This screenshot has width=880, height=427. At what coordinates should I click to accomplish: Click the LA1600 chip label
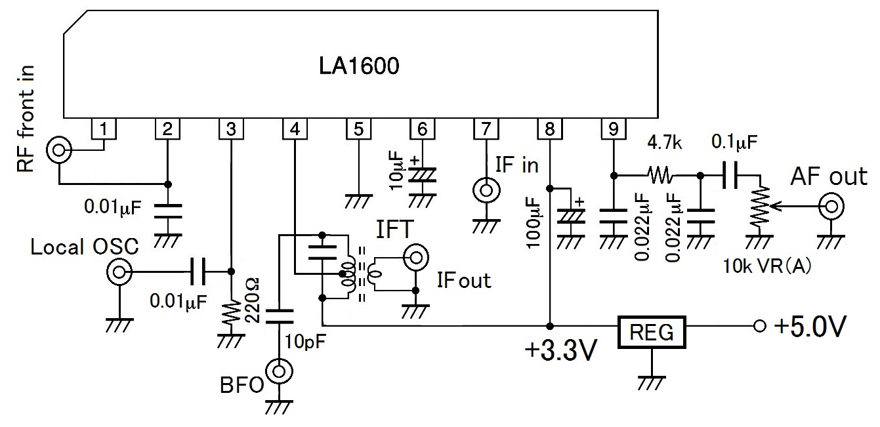point(359,67)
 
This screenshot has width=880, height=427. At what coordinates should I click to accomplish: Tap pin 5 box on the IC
point(358,129)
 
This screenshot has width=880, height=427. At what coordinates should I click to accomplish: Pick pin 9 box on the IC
point(613,129)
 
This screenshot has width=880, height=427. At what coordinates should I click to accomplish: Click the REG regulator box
point(651,333)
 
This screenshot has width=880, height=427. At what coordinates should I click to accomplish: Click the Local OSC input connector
point(119,271)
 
